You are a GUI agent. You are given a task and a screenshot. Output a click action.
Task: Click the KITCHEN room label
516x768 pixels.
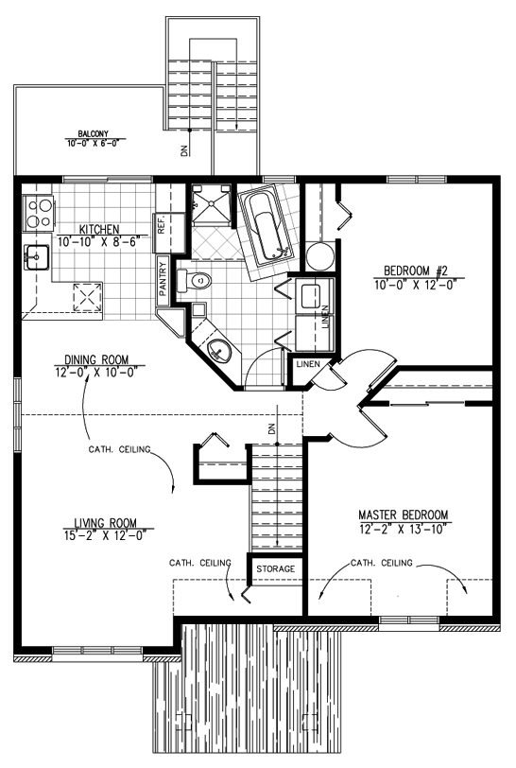(99, 229)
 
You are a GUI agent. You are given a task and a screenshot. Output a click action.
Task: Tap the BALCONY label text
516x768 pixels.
(93, 133)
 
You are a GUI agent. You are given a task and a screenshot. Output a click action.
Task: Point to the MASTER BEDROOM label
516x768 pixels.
(403, 515)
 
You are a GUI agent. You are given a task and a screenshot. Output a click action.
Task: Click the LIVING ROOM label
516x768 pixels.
(105, 523)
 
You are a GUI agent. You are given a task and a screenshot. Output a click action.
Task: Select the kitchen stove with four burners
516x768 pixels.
(38, 213)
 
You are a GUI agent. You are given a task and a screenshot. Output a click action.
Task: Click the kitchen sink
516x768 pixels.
(36, 257)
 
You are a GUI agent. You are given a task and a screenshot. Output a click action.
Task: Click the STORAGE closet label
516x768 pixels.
(276, 568)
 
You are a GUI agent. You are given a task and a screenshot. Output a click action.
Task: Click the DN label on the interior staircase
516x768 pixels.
(272, 428)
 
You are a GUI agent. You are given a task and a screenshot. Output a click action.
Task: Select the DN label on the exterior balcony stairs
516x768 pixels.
(184, 151)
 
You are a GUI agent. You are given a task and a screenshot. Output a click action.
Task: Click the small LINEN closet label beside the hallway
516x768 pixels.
(308, 364)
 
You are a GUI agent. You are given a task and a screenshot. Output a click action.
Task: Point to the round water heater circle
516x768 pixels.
(319, 254)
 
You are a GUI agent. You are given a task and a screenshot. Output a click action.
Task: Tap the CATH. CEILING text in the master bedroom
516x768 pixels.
(382, 563)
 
